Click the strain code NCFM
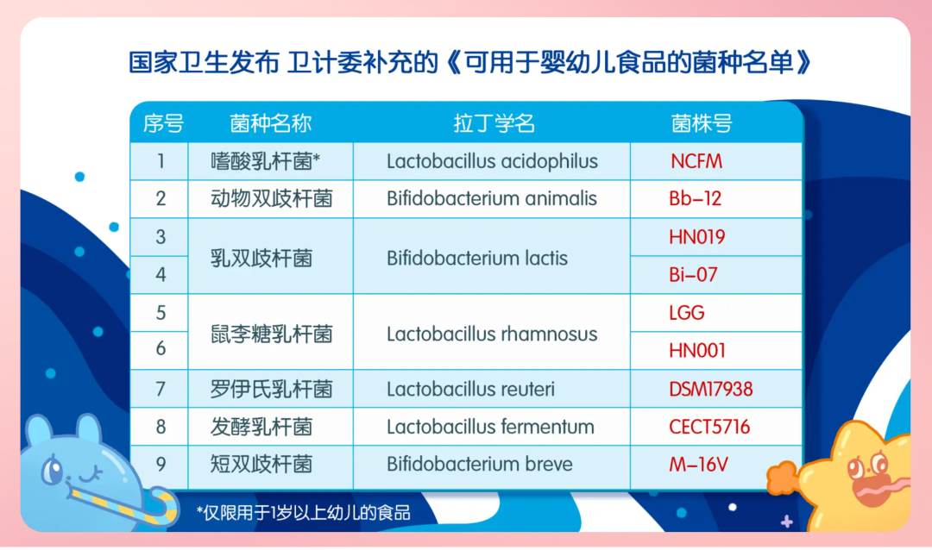[696, 161]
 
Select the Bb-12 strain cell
[695, 198]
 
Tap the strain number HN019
[696, 237]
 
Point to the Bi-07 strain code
[693, 274]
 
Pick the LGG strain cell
[687, 312]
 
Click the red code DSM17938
[711, 389]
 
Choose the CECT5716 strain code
[709, 427]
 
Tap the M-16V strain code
[698, 464]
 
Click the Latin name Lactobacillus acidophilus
[492, 161]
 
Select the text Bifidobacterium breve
[480, 464]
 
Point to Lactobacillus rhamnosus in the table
[492, 334]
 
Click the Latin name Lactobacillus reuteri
[471, 389]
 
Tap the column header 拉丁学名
[494, 123]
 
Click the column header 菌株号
[702, 123]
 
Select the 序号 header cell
[163, 123]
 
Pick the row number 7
[161, 389]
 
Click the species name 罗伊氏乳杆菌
[271, 389]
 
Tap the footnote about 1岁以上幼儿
[304, 512]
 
